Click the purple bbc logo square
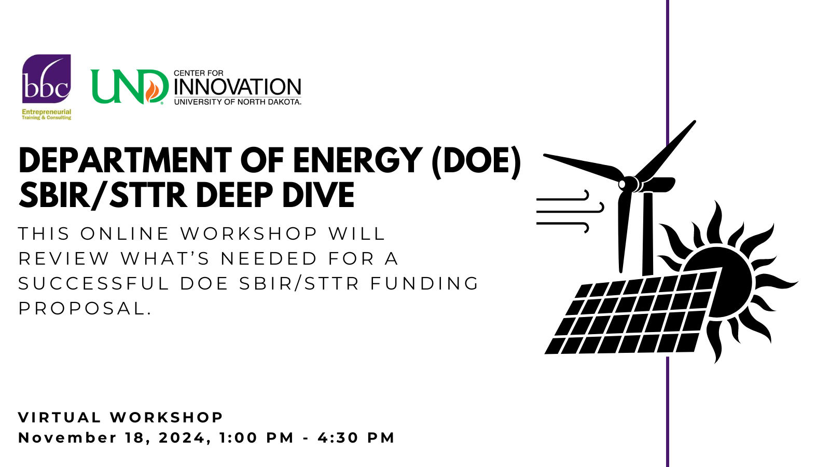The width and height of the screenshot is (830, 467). point(46,78)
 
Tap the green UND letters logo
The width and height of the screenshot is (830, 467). point(129,87)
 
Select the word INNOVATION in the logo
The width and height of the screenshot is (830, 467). point(238,87)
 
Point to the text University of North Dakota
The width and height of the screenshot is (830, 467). point(238,102)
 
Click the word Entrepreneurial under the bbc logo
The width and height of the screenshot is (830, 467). point(46,112)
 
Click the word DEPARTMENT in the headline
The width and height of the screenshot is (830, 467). point(125,160)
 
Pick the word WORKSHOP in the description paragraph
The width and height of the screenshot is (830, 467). point(249,233)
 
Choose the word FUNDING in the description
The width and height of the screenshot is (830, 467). point(425,283)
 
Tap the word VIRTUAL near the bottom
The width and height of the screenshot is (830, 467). point(60,417)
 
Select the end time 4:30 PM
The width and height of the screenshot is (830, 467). point(356,438)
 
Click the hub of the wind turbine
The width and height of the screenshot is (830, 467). point(626,184)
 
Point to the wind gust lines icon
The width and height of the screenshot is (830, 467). point(570,212)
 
